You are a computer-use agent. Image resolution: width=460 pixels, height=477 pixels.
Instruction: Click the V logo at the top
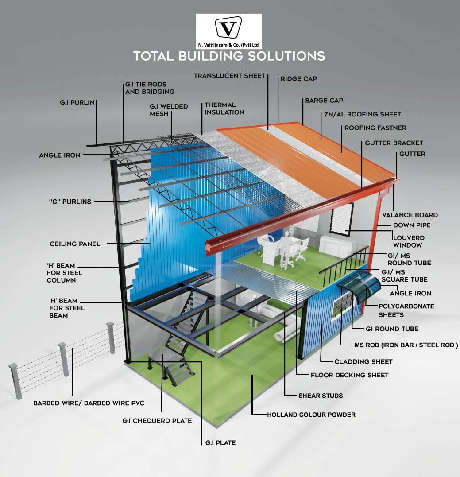pos(228,28)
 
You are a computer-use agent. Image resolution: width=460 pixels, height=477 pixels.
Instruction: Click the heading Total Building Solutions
pos(229,56)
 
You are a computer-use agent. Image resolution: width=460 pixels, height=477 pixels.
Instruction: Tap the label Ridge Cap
pos(298,79)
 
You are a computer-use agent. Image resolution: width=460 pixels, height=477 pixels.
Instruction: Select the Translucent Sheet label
pos(229,76)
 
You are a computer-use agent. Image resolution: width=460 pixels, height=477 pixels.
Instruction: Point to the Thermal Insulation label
pos(224,109)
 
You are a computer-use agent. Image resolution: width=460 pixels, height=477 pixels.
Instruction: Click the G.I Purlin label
pos(77,103)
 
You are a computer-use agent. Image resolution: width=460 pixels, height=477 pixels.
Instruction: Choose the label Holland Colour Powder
pos(311,415)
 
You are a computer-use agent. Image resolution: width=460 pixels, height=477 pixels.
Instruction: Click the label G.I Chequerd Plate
pos(157,420)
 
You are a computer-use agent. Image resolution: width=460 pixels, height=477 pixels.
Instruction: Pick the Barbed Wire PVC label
pos(89,403)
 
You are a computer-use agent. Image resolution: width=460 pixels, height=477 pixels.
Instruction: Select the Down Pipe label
pos(412,225)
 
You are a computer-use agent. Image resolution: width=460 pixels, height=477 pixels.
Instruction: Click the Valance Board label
pos(410,215)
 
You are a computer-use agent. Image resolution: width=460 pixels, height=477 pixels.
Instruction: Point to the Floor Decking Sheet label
pos(349,375)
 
